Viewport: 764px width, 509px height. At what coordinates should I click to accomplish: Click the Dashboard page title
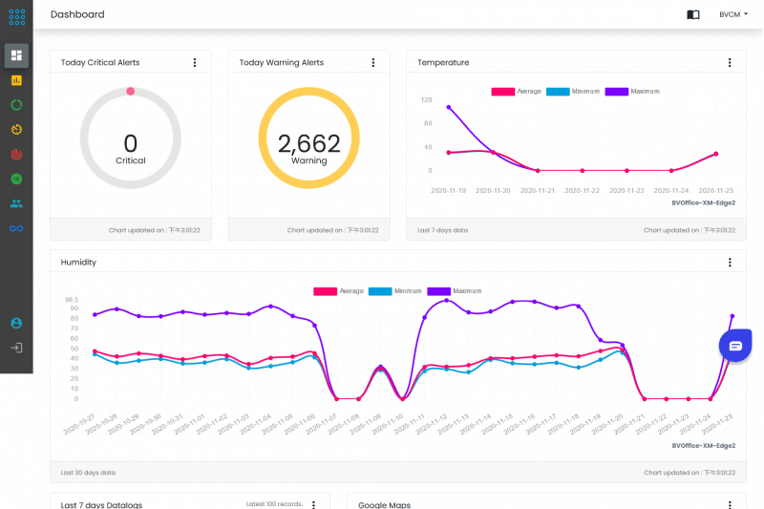click(77, 14)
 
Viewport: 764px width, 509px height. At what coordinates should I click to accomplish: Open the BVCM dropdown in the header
click(733, 14)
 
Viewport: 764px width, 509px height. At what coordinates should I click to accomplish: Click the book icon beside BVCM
click(693, 14)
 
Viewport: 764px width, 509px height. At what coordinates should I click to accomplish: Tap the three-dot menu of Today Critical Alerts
click(195, 62)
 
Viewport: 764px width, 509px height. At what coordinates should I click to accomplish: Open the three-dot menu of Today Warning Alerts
click(373, 62)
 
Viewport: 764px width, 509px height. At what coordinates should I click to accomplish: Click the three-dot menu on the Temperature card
click(730, 62)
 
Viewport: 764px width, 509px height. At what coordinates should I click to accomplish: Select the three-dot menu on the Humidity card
click(730, 262)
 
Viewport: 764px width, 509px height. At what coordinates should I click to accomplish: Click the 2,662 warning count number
click(308, 144)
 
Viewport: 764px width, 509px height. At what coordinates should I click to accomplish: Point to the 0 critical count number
click(131, 143)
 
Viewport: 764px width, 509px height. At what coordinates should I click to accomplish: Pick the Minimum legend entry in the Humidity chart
click(395, 290)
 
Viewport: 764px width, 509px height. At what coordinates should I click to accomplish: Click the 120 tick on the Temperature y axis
click(426, 99)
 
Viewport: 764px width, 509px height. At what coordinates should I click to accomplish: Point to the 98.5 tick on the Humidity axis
click(71, 299)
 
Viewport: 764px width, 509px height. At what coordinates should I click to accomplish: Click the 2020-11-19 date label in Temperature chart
click(449, 190)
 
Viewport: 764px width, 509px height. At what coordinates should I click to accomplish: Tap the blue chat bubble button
click(735, 345)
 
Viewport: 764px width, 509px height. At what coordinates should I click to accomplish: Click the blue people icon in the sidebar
click(16, 203)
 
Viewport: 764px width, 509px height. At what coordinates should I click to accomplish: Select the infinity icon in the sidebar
click(16, 228)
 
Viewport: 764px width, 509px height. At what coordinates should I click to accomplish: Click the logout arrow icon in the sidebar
click(16, 348)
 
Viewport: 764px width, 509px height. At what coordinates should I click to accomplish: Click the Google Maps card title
click(384, 504)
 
